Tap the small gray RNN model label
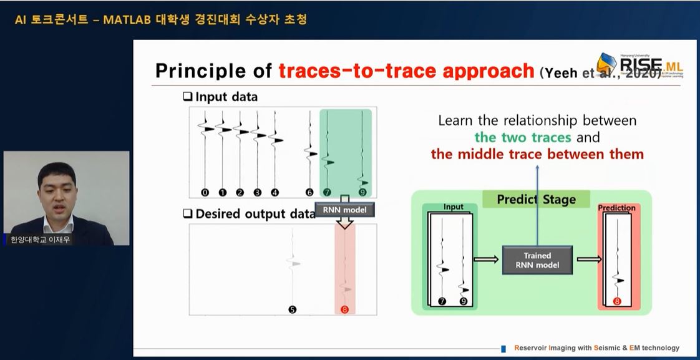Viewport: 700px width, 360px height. coord(344,210)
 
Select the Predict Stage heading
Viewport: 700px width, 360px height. coord(536,200)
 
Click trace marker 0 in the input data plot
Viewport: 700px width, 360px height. coord(205,192)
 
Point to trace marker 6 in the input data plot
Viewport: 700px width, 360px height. coord(309,192)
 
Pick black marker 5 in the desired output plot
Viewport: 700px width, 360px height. coord(293,309)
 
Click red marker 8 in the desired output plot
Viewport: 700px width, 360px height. coord(344,309)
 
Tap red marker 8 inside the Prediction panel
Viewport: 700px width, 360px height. coord(617,301)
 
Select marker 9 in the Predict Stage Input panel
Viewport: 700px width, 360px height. coord(463,301)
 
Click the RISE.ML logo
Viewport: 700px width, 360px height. coord(636,65)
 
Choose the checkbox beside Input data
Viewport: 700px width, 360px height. coord(187,97)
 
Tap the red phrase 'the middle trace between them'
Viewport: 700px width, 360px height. coord(537,153)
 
